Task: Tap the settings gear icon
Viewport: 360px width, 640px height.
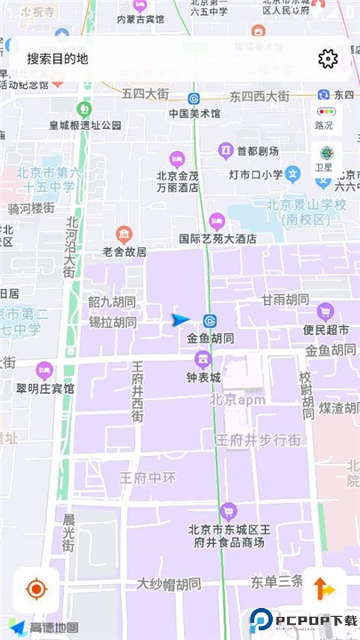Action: pyautogui.click(x=328, y=59)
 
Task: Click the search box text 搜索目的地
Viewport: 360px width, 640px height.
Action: pyautogui.click(x=58, y=59)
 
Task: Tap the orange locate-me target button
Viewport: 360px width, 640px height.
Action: pyautogui.click(x=36, y=589)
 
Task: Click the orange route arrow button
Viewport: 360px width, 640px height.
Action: pyautogui.click(x=324, y=589)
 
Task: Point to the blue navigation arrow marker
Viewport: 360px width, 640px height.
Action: pyautogui.click(x=180, y=320)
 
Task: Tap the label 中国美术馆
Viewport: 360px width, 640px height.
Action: pyautogui.click(x=195, y=113)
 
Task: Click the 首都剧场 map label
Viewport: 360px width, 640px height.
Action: pyautogui.click(x=256, y=150)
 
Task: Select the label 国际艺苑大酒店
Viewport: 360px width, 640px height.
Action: pyautogui.click(x=218, y=238)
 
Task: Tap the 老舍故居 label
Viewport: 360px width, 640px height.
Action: pyautogui.click(x=124, y=252)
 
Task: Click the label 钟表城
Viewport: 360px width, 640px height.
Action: pyautogui.click(x=203, y=377)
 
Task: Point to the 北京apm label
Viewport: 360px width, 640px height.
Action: pyautogui.click(x=237, y=399)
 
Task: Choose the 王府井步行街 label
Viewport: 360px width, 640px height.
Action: pyautogui.click(x=258, y=439)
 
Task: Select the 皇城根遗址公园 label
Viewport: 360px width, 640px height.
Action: pyautogui.click(x=85, y=125)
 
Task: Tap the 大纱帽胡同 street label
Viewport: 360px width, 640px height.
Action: pyautogui.click(x=169, y=584)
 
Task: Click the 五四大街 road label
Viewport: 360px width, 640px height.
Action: pyautogui.click(x=145, y=92)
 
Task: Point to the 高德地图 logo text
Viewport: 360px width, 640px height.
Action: pyautogui.click(x=54, y=628)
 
